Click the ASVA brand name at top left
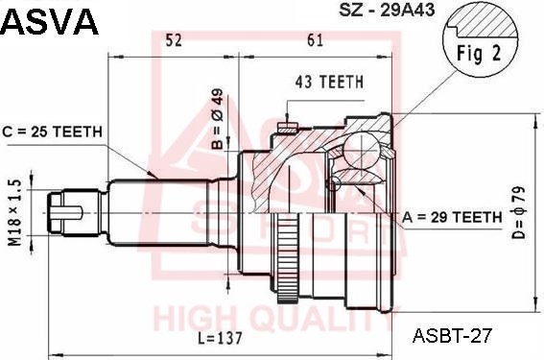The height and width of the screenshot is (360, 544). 50,21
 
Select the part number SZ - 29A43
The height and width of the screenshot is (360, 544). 387,10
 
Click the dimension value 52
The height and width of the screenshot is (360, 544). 174,40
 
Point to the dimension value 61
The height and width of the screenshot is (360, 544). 315,40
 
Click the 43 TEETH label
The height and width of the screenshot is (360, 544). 329,82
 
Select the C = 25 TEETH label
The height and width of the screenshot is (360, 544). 53,132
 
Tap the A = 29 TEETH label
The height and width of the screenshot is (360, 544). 452,217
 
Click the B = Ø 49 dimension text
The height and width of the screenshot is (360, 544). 218,118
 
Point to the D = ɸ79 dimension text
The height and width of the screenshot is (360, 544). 519,212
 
